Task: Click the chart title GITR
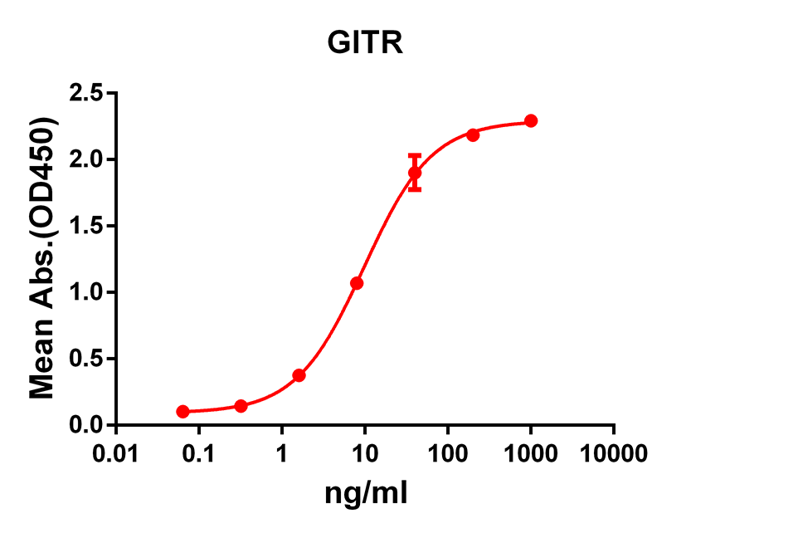pyautogui.click(x=366, y=43)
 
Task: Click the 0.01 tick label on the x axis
pyautogui.click(x=116, y=452)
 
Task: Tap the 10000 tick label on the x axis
pyautogui.click(x=614, y=452)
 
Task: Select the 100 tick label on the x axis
pyautogui.click(x=448, y=452)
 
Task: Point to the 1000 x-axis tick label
pyautogui.click(x=531, y=452)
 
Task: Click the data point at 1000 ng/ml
pyautogui.click(x=531, y=121)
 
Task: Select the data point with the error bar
pyautogui.click(x=415, y=173)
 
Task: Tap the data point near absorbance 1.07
pyautogui.click(x=357, y=283)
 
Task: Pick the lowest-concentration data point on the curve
pyautogui.click(x=182, y=412)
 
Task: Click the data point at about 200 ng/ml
pyautogui.click(x=473, y=134)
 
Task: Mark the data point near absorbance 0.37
pyautogui.click(x=299, y=375)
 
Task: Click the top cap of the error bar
pyautogui.click(x=415, y=155)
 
